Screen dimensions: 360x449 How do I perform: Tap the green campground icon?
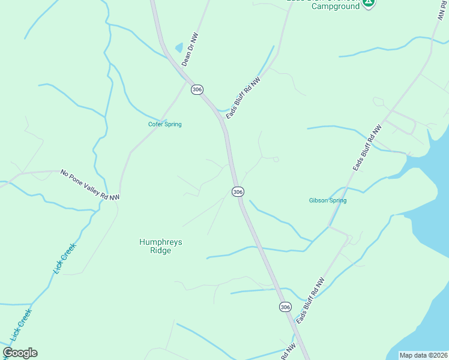(369, 2)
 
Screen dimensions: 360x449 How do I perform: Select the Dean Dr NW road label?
(190, 49)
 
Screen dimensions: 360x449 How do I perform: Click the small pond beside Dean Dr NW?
(178, 47)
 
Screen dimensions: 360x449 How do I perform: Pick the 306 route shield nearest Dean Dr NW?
(197, 89)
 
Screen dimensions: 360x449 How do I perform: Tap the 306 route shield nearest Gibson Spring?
(238, 191)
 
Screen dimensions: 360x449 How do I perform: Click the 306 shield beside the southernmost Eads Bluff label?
(285, 307)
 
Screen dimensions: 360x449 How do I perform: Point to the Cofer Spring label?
(165, 124)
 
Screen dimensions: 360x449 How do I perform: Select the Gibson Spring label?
(328, 200)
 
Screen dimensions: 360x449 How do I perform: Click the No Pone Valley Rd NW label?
(90, 184)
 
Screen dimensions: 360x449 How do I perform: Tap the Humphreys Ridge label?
(160, 246)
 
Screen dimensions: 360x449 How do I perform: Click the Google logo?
(20, 353)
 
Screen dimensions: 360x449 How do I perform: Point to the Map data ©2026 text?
(423, 355)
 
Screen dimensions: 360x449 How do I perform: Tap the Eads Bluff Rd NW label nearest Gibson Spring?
(367, 148)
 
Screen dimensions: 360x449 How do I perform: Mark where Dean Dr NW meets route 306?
(182, 68)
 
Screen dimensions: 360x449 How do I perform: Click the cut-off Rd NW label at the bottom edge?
(290, 352)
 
